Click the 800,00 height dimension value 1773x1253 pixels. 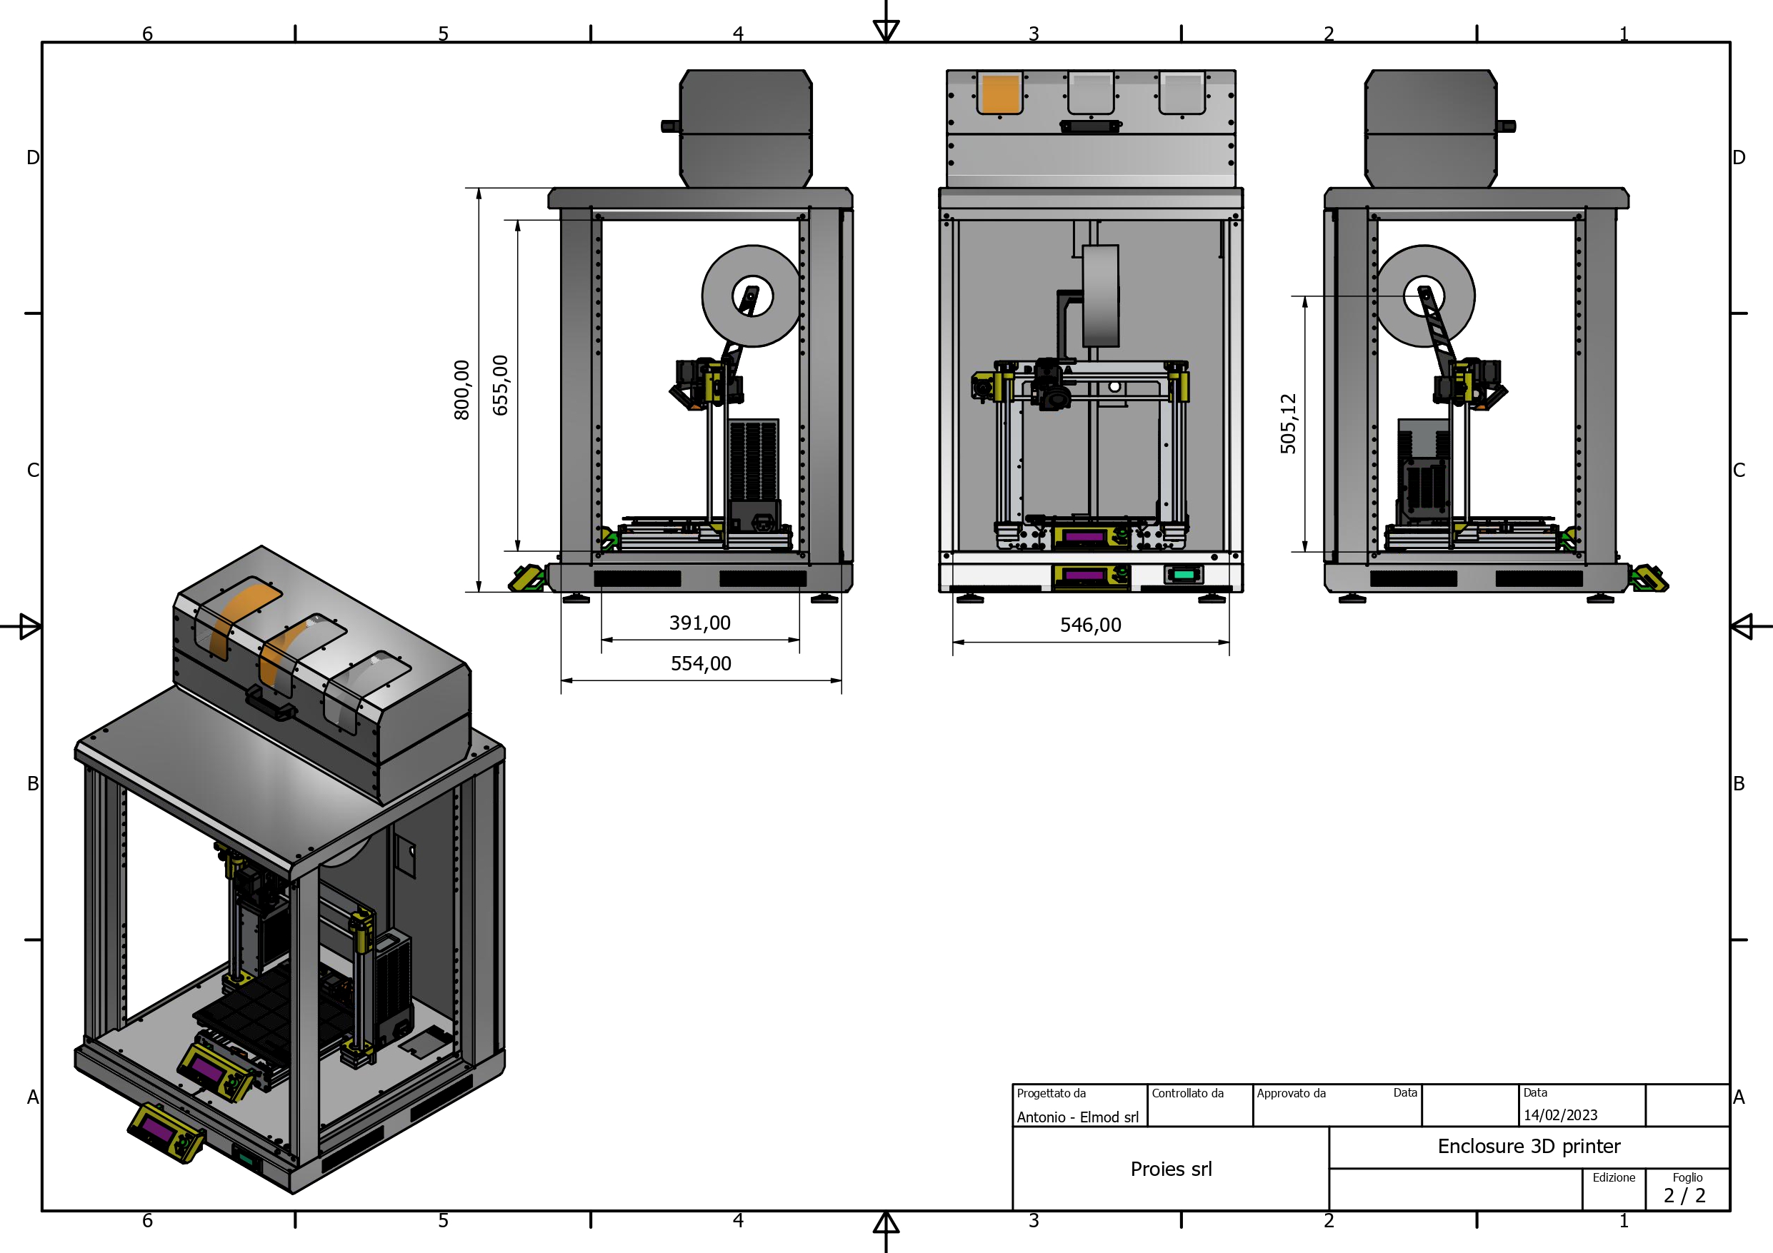point(461,390)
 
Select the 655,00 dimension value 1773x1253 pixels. point(500,386)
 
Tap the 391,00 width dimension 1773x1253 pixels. point(699,623)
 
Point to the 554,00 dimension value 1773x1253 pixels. point(700,663)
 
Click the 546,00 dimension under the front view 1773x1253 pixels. point(1090,625)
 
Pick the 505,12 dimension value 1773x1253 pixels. point(1288,424)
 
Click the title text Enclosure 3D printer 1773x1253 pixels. point(1529,1147)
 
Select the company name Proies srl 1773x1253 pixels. point(1171,1169)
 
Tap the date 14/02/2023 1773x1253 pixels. point(1560,1114)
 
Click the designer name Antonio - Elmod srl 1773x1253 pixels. point(1077,1117)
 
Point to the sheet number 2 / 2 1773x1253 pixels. point(1684,1196)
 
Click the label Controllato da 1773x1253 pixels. point(1188,1093)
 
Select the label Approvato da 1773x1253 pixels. point(1291,1093)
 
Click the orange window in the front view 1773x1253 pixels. point(1000,94)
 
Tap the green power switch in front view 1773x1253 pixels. point(1184,575)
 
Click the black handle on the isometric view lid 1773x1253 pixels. point(270,703)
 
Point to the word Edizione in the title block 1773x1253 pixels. point(1613,1177)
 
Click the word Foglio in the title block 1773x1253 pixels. point(1687,1177)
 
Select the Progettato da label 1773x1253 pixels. point(1051,1093)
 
